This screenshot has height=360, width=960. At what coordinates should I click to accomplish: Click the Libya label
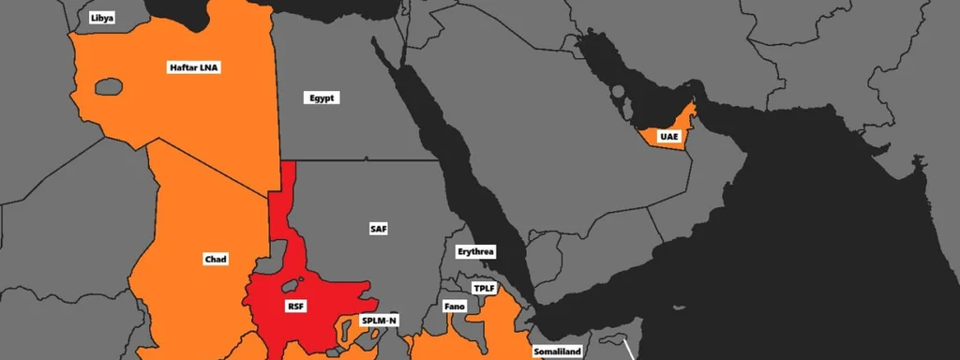click(102, 18)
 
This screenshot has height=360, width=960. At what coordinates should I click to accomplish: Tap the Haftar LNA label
click(194, 67)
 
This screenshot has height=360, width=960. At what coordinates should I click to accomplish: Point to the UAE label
click(668, 137)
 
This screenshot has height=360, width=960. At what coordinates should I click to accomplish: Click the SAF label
click(378, 228)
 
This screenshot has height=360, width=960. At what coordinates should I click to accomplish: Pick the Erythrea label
click(475, 252)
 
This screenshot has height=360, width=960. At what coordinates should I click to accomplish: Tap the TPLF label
click(484, 288)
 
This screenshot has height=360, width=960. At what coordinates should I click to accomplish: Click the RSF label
click(296, 306)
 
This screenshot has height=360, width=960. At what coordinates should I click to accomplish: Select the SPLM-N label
click(380, 321)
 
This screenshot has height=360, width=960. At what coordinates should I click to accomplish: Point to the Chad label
click(216, 259)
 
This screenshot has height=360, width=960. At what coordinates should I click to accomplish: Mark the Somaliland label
click(558, 352)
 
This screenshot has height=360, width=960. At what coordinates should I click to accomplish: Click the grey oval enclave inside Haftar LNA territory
click(109, 86)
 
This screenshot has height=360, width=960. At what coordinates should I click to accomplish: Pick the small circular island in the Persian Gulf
click(618, 92)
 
